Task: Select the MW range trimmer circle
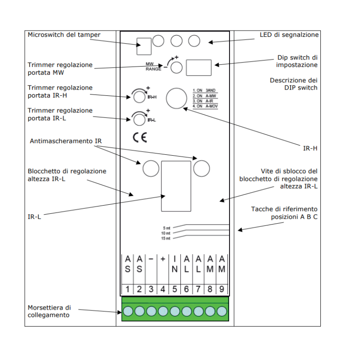177,67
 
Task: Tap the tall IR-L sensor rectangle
176,186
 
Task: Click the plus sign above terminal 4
162,260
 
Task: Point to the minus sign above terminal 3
151,260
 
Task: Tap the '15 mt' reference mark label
166,238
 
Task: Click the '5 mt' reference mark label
166,228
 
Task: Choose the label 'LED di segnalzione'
289,35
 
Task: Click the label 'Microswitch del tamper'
64,35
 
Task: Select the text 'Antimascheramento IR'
66,141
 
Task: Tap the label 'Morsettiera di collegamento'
49,311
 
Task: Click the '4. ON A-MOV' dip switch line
205,106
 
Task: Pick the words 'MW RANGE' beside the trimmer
153,67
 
